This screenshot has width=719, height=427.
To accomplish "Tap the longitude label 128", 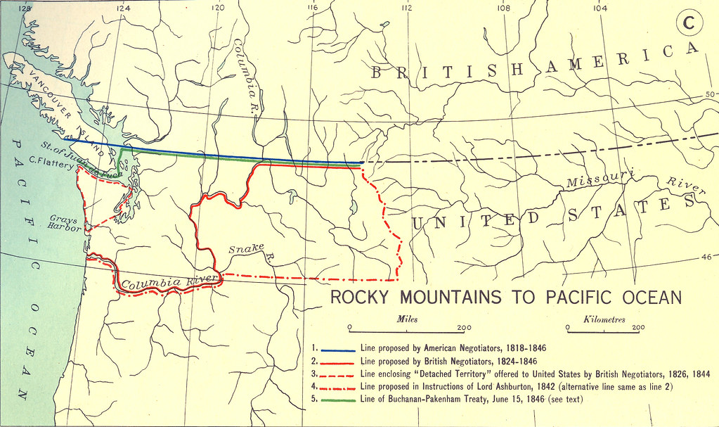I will coord(26,8).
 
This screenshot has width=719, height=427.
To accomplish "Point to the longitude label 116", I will coord(312,8).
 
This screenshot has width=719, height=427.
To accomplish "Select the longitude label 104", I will coord(599,8).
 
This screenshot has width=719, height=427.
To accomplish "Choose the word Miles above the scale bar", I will coord(407,319).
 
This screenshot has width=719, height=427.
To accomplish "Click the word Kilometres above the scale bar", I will coord(604,319).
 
